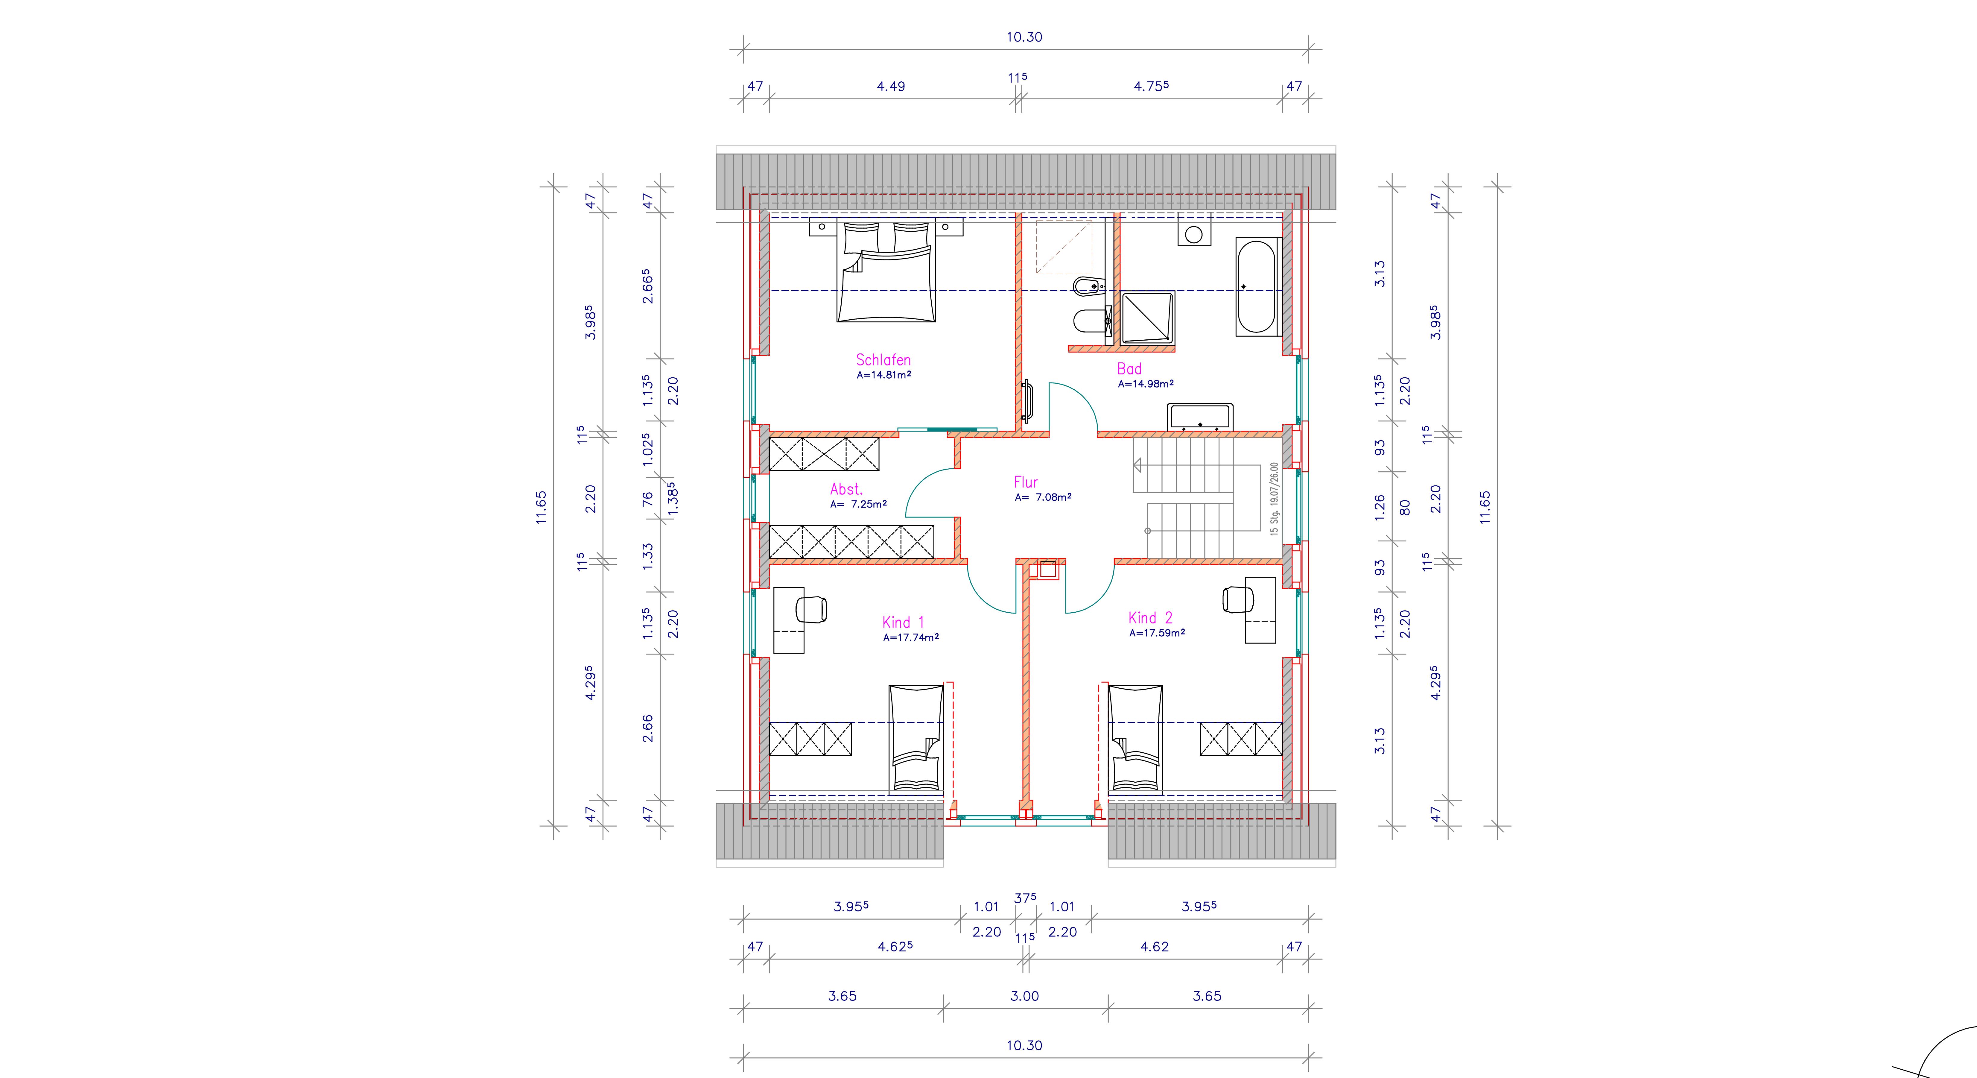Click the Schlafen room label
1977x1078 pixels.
click(883, 359)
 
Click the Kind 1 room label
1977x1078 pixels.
click(903, 623)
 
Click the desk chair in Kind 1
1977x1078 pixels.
click(811, 610)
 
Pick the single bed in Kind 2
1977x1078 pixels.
click(1135, 739)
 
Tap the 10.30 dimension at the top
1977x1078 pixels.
click(1025, 37)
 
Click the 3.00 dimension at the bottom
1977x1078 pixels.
click(1025, 996)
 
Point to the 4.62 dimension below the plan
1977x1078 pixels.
click(1154, 947)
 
